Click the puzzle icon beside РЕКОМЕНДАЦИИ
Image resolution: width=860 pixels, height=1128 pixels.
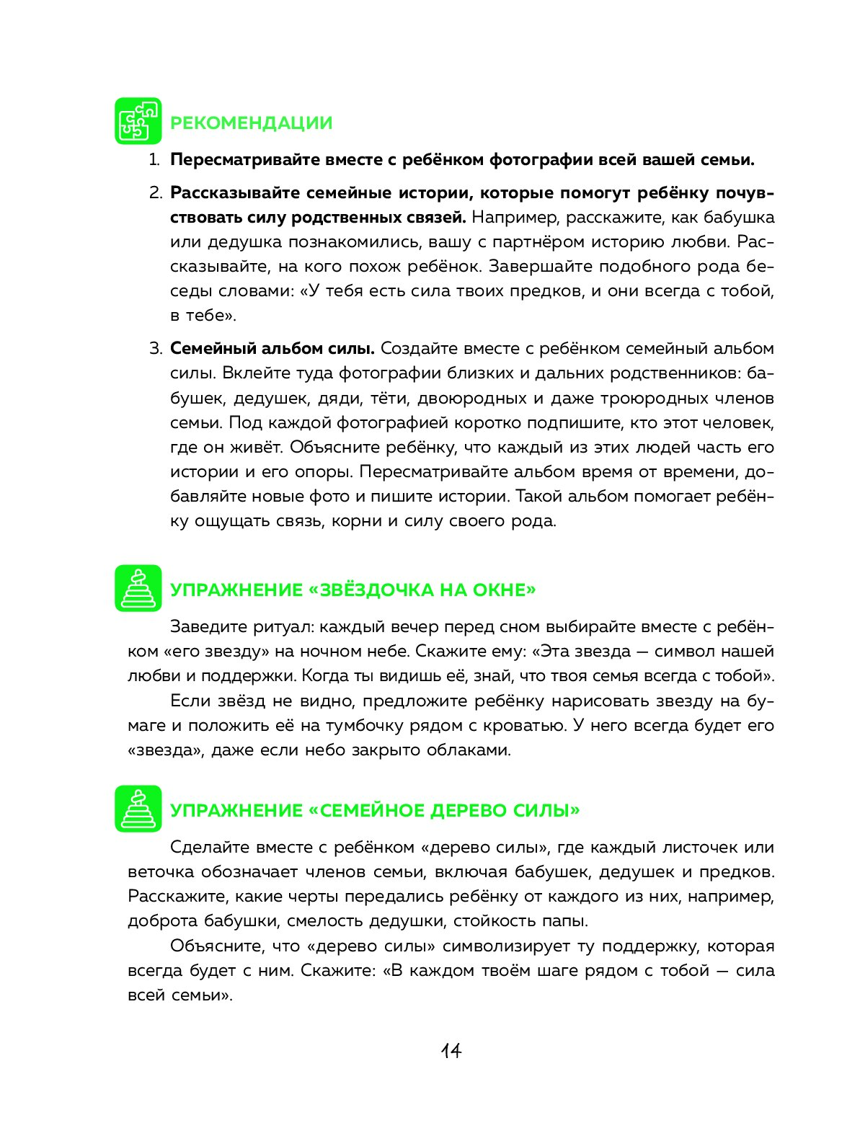[138, 121]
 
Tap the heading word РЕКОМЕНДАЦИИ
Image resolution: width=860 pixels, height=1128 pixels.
[251, 123]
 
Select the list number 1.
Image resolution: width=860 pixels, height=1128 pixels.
[154, 160]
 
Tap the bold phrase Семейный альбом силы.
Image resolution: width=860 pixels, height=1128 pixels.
[272, 349]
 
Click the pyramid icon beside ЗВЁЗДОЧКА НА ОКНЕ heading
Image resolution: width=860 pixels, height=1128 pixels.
[138, 588]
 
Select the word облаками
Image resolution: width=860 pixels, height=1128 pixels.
[468, 750]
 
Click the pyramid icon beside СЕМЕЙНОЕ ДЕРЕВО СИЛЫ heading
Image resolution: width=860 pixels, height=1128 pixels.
[138, 809]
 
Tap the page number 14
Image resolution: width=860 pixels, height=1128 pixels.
[451, 1051]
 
